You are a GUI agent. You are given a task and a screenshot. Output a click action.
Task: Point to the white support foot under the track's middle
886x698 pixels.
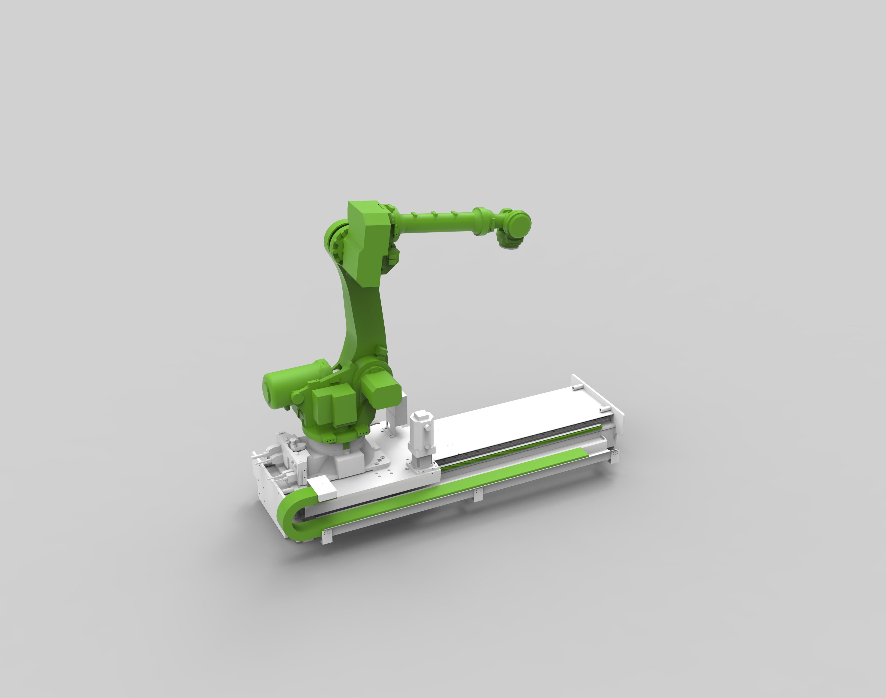(x=478, y=494)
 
